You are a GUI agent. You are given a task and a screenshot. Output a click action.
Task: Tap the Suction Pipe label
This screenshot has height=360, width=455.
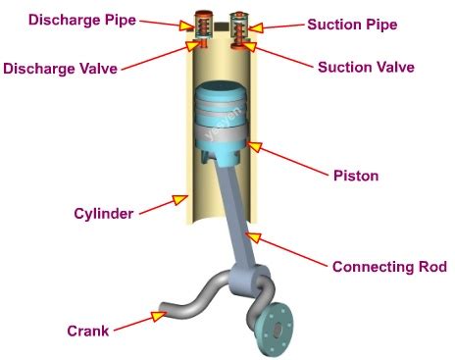(353, 24)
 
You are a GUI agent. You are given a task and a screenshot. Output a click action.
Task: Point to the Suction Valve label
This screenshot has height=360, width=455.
(366, 68)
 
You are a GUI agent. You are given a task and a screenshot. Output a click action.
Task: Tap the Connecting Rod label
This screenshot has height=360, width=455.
(389, 266)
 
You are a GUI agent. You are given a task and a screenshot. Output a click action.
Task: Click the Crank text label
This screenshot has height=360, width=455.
(87, 330)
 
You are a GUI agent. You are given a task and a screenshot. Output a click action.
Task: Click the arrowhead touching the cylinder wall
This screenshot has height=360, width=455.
(179, 199)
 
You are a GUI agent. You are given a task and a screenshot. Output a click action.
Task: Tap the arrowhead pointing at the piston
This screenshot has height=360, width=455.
(256, 147)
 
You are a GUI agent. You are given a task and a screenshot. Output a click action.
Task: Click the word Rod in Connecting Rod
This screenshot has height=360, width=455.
(430, 266)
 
